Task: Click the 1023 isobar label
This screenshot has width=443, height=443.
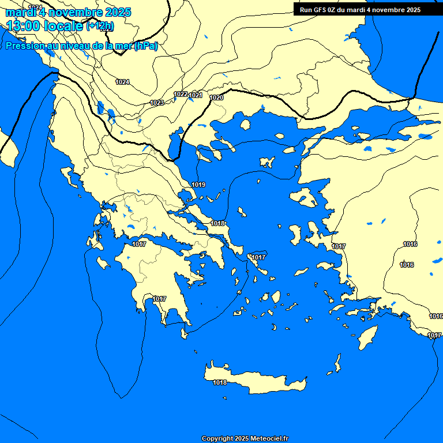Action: [x=157, y=103]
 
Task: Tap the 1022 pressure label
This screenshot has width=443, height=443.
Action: [x=181, y=94]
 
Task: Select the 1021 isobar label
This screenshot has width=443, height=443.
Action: [x=196, y=95]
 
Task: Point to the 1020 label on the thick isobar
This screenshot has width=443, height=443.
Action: [x=217, y=98]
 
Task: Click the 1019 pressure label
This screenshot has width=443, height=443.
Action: [x=199, y=185]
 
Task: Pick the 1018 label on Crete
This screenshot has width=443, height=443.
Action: [x=220, y=382]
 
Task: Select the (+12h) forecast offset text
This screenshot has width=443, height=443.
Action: [x=100, y=26]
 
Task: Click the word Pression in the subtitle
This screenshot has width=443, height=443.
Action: [x=24, y=46]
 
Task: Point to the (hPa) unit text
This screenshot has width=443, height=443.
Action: [x=146, y=46]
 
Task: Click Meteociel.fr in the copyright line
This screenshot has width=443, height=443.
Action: [x=269, y=438]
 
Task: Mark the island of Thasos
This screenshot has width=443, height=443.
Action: [x=245, y=125]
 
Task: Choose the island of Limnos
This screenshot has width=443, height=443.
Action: [x=267, y=162]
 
